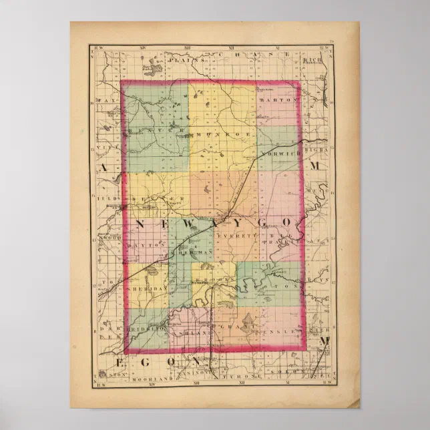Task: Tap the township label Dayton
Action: pyautogui.click(x=145, y=245)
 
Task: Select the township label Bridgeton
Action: pyautogui.click(x=148, y=330)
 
